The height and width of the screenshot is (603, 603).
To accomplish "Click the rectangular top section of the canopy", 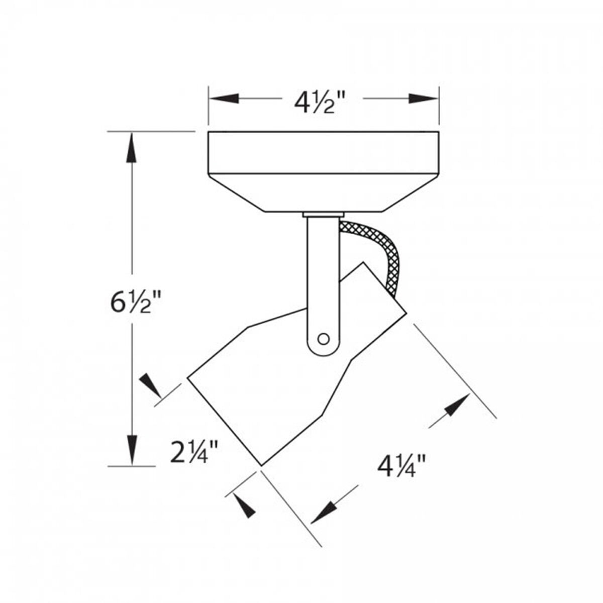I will (x=324, y=152).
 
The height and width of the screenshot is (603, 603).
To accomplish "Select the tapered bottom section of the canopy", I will (x=324, y=192).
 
